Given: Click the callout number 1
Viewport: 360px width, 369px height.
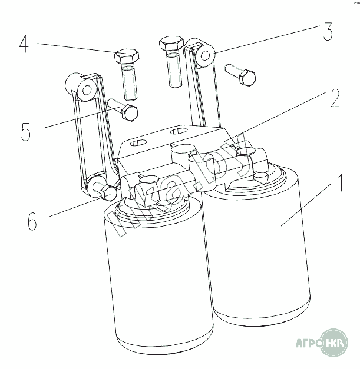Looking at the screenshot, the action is [340, 182].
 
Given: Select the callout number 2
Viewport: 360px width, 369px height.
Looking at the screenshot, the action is [335, 98].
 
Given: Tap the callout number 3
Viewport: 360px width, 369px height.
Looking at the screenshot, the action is [328, 32].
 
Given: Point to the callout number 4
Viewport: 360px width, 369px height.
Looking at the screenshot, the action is [24, 44].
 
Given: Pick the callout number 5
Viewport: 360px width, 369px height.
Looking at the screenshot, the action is [26, 132].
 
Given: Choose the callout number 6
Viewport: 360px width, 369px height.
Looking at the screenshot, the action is [32, 221].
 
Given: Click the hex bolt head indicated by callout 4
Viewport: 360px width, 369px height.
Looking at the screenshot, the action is [127, 56].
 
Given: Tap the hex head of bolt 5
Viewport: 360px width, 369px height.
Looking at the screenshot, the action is [130, 113].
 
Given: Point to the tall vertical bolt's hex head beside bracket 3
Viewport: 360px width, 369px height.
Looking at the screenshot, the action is [171, 44].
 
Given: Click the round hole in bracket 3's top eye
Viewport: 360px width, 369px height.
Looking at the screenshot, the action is [205, 56].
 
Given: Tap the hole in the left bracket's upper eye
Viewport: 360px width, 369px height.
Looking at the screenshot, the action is [87, 90].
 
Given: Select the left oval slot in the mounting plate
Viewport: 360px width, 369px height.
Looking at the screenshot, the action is [138, 142].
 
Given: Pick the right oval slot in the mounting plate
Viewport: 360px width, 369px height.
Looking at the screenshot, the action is [179, 131].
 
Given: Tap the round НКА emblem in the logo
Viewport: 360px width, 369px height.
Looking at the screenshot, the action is [334, 343].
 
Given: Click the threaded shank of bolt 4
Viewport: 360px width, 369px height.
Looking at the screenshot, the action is [130, 82].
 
